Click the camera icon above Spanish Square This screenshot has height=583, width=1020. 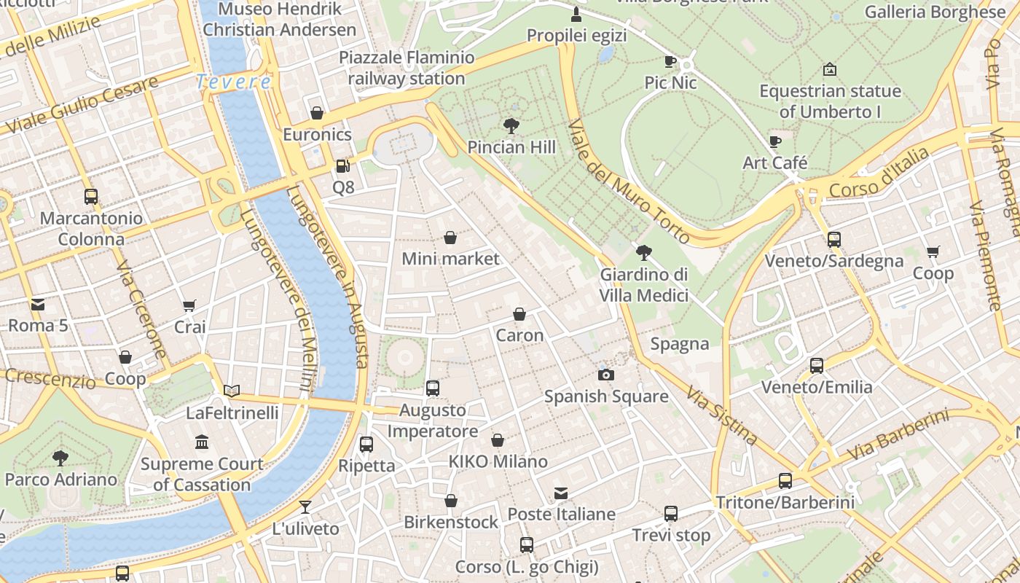[x=605, y=375]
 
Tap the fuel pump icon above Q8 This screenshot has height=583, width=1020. [x=342, y=166]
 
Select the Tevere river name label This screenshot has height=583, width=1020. [x=234, y=82]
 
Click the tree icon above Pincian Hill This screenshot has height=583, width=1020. [x=511, y=126]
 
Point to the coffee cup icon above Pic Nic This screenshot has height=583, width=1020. [x=670, y=61]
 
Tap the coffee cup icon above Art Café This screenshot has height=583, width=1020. [x=774, y=141]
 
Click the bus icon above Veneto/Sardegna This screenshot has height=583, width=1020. [x=833, y=239]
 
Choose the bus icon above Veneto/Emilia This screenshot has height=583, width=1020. [x=817, y=366]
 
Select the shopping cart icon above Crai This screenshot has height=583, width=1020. [x=189, y=306]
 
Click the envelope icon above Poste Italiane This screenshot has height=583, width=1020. [x=561, y=493]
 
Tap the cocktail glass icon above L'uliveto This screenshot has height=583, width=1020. [x=305, y=507]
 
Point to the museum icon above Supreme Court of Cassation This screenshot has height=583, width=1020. [x=202, y=442]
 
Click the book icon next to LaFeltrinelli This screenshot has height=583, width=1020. [x=232, y=391]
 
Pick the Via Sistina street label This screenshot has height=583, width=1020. [x=721, y=415]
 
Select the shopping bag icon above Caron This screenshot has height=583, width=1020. [x=519, y=314]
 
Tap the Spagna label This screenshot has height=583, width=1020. [x=680, y=344]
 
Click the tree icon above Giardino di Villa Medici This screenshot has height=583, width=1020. [x=643, y=253]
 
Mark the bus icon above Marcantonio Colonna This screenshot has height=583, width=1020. [x=91, y=196]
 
